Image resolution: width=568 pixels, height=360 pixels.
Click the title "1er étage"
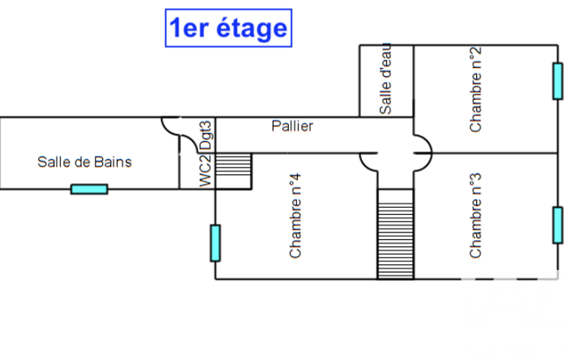pyautogui.click(x=228, y=28)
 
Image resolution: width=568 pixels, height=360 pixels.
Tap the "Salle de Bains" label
pyautogui.click(x=85, y=162)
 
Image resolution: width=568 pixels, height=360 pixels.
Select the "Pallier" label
pyautogui.click(x=292, y=126)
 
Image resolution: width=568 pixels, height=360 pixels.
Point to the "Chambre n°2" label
pyautogui.click(x=475, y=89)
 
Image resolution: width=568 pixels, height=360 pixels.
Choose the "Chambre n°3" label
pyautogui.click(x=475, y=215)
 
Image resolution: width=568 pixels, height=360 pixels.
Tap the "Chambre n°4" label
pyautogui.click(x=295, y=215)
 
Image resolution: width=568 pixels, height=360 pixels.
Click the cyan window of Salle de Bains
pyautogui.click(x=89, y=189)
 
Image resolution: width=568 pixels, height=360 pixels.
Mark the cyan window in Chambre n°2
pyautogui.click(x=557, y=81)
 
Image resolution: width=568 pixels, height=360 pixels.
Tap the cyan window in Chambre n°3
pyautogui.click(x=557, y=225)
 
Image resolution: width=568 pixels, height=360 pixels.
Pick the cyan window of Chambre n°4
pyautogui.click(x=215, y=243)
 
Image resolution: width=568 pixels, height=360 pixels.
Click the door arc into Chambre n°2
pyautogui.click(x=423, y=142)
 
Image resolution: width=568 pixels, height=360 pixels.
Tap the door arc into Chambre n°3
pyautogui.click(x=423, y=162)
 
